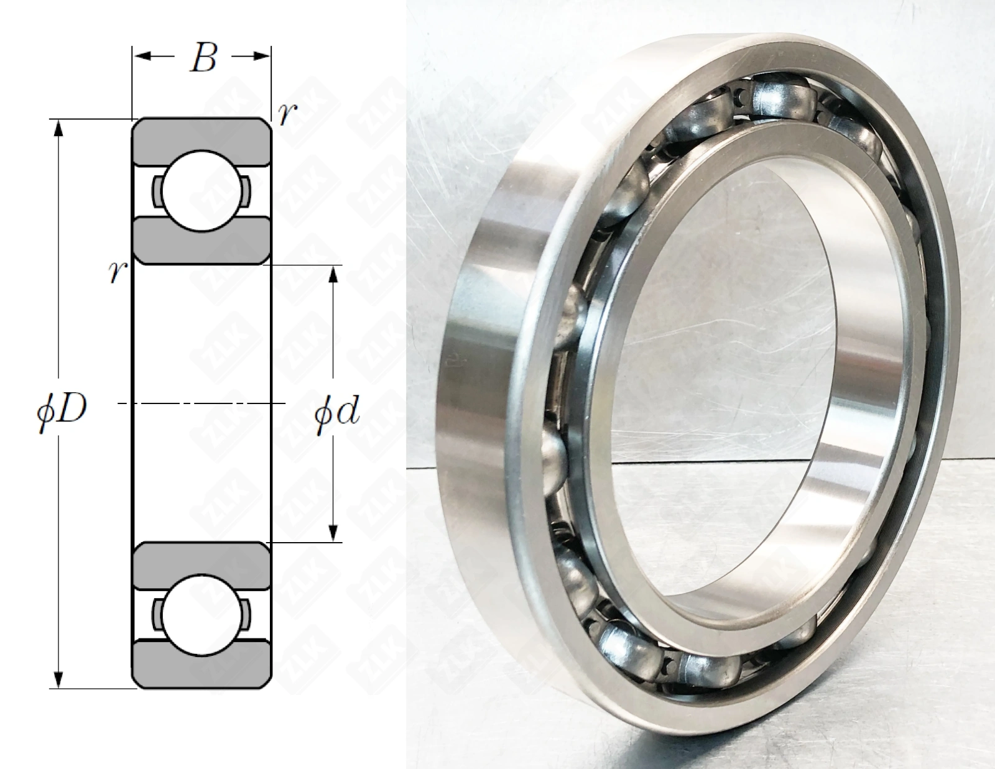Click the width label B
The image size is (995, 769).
coord(204,59)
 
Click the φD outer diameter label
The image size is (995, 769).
coord(62,410)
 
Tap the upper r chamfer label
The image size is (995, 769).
coord(287,114)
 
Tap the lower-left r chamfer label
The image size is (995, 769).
coord(117,272)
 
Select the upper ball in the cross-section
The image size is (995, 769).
coord(202,191)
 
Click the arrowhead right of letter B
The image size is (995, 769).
coord(259,57)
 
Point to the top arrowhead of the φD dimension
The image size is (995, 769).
coord(58,130)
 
